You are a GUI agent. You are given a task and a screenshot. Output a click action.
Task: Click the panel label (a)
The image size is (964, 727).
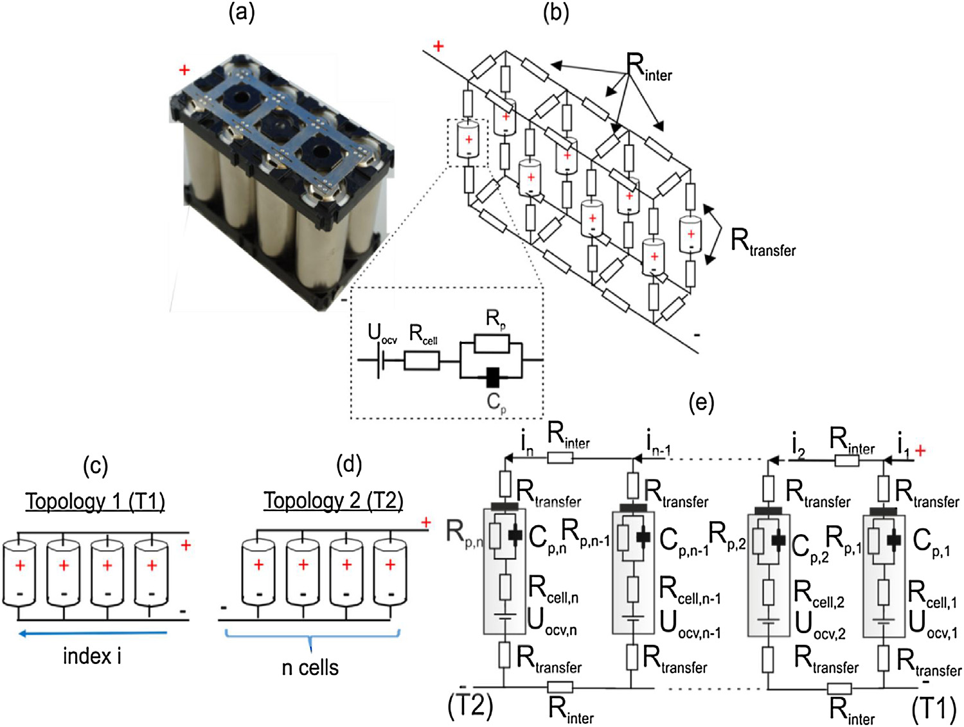242,13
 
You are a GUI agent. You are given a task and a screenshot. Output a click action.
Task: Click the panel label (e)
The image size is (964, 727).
701,402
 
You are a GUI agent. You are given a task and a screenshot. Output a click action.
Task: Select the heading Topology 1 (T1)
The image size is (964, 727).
95,501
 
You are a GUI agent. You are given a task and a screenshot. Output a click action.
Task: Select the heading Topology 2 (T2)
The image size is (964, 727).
334,501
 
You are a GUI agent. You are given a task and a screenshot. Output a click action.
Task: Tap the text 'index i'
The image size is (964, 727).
92,656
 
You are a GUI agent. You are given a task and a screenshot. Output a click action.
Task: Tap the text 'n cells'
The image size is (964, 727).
310,667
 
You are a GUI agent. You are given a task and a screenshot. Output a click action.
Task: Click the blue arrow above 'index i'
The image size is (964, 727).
93,634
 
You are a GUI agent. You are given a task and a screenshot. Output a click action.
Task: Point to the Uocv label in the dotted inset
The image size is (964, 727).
382,334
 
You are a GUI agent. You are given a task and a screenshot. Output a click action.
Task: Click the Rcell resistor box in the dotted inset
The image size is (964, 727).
422,361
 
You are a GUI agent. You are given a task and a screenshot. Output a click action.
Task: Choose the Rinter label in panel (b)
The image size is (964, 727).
649,67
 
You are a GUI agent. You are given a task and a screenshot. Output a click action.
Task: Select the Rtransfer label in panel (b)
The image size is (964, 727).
763,243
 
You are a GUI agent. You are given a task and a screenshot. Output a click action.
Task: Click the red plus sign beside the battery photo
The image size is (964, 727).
184,70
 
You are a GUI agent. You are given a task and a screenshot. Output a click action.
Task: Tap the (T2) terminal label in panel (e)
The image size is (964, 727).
470,706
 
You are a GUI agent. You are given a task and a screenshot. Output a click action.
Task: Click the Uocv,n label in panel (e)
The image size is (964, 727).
551,622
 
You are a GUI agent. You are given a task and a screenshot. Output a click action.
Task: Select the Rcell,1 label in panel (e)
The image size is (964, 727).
932,595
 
